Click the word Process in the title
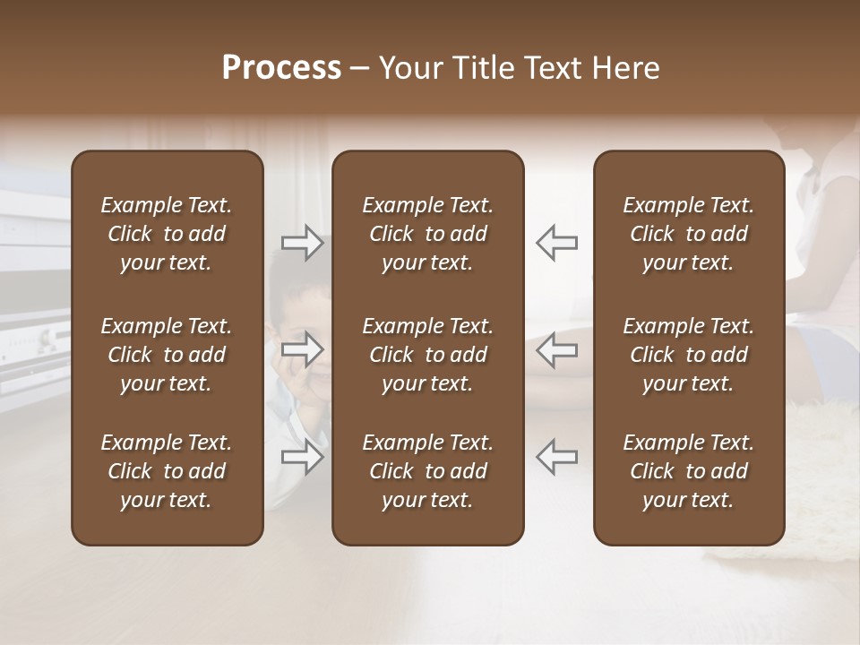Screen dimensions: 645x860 click(x=281, y=68)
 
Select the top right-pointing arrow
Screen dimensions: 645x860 click(x=302, y=243)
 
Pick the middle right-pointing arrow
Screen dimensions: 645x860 click(x=302, y=349)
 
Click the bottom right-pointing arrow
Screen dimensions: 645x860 click(x=302, y=455)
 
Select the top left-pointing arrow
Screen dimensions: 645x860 click(x=556, y=243)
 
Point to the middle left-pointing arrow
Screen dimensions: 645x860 click(x=556, y=349)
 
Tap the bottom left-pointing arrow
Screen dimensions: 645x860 click(x=556, y=455)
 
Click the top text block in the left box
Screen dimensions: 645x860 click(x=167, y=234)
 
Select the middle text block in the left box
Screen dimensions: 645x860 click(x=167, y=355)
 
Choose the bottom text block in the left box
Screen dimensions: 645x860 click(x=167, y=471)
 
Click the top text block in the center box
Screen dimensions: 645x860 click(x=427, y=234)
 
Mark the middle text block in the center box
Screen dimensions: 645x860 click(x=427, y=355)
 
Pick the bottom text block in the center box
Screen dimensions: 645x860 click(x=427, y=471)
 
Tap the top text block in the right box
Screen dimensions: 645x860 click(x=688, y=234)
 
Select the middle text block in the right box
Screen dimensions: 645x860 click(x=688, y=355)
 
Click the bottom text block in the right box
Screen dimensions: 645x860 click(x=688, y=471)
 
